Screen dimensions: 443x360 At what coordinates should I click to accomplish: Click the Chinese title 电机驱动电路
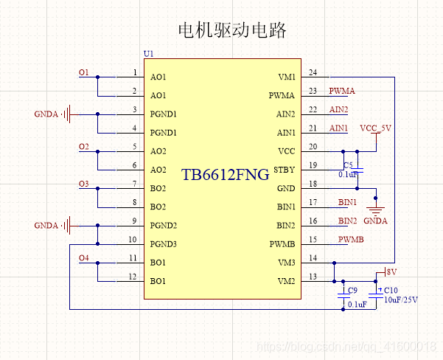click(232, 30)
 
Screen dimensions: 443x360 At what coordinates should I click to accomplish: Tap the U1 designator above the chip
click(149, 54)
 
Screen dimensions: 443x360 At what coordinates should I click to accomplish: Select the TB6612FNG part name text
click(225, 175)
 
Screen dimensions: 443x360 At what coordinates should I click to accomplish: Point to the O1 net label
click(83, 73)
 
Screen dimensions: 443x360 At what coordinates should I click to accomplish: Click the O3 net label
click(83, 184)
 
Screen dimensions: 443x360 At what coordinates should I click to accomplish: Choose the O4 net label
click(83, 258)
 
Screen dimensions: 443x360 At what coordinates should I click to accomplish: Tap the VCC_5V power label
click(375, 128)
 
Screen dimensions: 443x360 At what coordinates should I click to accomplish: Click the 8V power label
click(391, 272)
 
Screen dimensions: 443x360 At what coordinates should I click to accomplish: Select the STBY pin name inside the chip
click(285, 170)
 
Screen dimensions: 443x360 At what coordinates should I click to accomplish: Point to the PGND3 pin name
click(164, 244)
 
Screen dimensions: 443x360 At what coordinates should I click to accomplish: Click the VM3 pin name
click(287, 263)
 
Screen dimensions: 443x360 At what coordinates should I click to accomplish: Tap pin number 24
click(313, 73)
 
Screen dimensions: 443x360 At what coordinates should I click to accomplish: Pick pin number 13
click(313, 277)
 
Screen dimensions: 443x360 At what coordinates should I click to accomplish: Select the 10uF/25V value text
click(401, 300)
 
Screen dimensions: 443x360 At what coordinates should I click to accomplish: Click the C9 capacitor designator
click(352, 291)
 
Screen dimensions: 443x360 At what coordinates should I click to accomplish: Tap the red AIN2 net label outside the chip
click(338, 110)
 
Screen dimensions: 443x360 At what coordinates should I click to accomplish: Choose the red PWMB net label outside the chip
click(351, 240)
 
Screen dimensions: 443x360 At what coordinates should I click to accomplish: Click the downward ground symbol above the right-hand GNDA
click(375, 211)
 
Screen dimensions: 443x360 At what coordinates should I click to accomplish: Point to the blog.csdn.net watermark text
click(346, 347)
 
